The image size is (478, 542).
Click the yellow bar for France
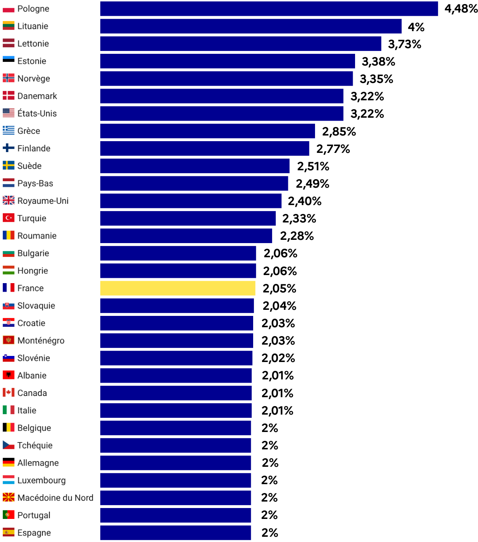coord(178,288)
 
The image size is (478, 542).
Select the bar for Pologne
coord(269,9)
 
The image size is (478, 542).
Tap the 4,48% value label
coord(461,9)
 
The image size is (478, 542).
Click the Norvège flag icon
coord(8,78)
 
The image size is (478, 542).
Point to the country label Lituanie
coord(33,26)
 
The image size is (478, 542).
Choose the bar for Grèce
coord(207,131)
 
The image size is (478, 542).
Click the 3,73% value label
coord(404,44)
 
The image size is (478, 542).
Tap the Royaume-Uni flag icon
coord(8,200)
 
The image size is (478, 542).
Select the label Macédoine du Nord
coord(55,498)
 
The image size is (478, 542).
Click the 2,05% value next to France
coord(279,288)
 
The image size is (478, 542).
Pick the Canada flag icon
coord(8,392)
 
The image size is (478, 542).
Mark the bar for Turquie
coord(188,218)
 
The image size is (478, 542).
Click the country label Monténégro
coord(41,341)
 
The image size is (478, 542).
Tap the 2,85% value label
coord(339,131)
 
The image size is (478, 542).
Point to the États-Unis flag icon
coord(8,113)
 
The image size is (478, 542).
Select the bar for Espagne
coord(176,533)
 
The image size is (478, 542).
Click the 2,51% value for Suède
coord(313,166)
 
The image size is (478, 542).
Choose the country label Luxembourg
coord(41,481)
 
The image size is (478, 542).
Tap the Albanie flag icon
coord(8,375)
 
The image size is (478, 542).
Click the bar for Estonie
coord(228,61)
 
